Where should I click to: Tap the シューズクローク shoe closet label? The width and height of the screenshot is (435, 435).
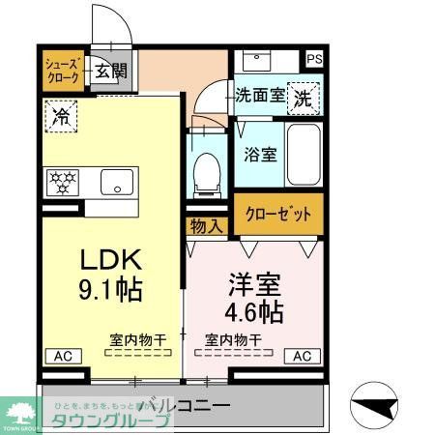click(62, 72)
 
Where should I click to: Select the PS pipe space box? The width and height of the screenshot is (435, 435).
click(314, 58)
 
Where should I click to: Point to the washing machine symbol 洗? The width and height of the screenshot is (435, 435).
click(304, 97)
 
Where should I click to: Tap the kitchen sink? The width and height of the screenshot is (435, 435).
click(117, 180)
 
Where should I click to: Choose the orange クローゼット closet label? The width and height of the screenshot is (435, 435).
click(276, 214)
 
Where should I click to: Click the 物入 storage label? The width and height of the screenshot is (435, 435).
click(206, 226)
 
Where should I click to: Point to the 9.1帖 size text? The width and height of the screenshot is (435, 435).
click(111, 287)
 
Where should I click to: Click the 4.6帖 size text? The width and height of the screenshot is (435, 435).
click(256, 311)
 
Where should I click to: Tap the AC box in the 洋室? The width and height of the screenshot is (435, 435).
click(302, 356)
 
